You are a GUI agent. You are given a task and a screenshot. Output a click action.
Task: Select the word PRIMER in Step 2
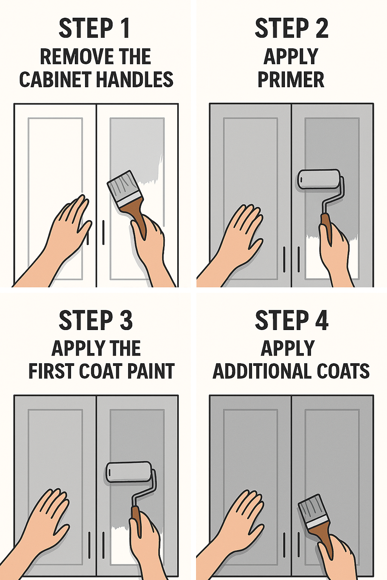tap(291, 80)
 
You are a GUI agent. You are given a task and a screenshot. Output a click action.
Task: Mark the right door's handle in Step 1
tap(103, 232)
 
